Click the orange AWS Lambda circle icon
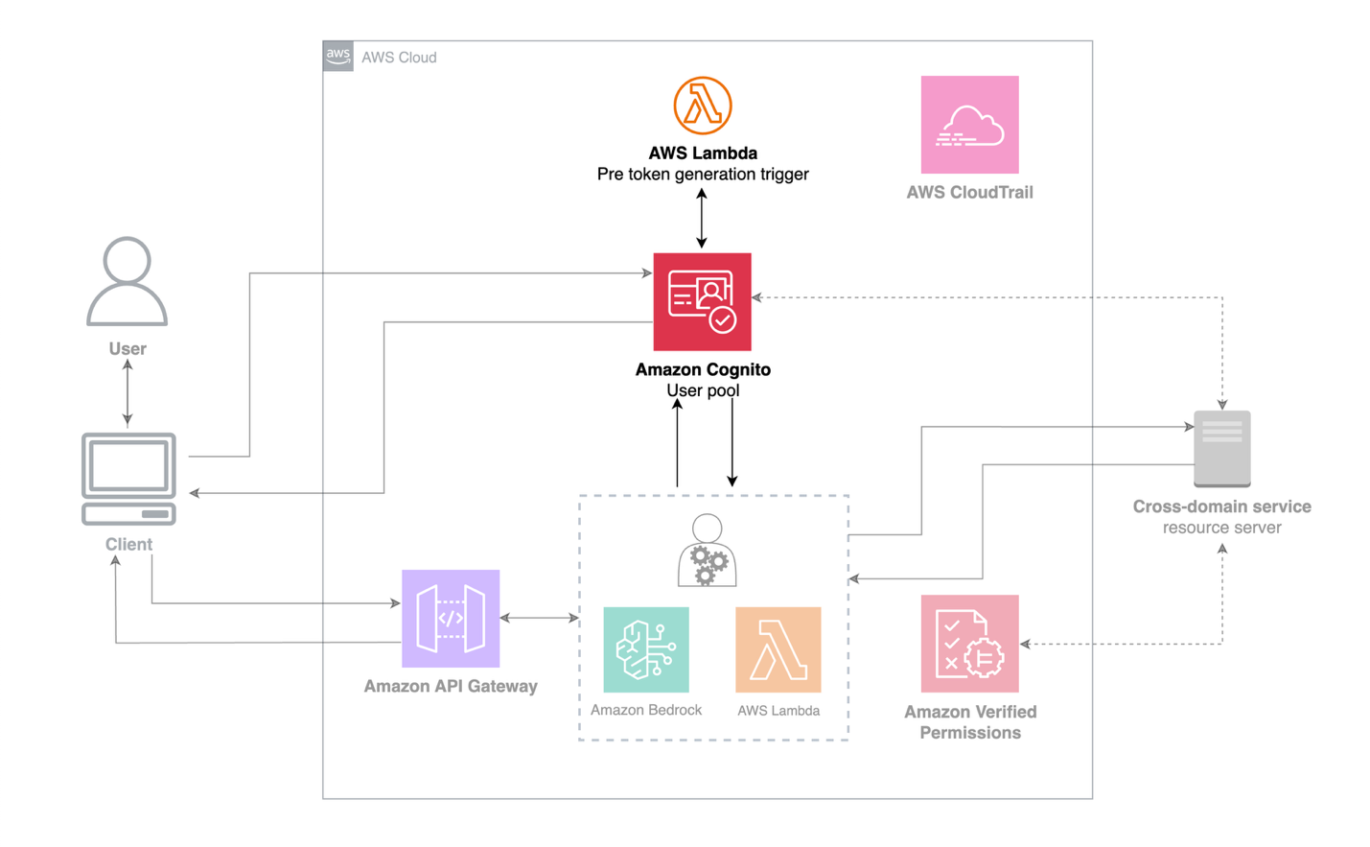coord(702,106)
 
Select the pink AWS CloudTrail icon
coord(969,125)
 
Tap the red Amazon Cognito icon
coord(702,302)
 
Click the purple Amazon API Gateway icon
coord(451,619)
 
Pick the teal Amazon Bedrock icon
coord(645,649)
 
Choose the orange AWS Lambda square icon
coord(778,649)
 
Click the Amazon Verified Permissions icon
coord(969,644)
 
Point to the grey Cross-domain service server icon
coord(1221,448)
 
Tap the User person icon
coord(127,281)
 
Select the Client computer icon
coord(128,479)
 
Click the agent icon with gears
coord(707,551)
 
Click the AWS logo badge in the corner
coord(337,56)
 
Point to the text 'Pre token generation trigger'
coord(702,174)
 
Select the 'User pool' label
coord(702,390)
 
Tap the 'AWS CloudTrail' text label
coord(969,192)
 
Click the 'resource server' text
coord(1221,528)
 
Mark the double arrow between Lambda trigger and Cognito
coord(702,219)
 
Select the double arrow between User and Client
coord(128,392)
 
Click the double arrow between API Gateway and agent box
coord(540,618)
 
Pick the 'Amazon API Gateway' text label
coord(451,686)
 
